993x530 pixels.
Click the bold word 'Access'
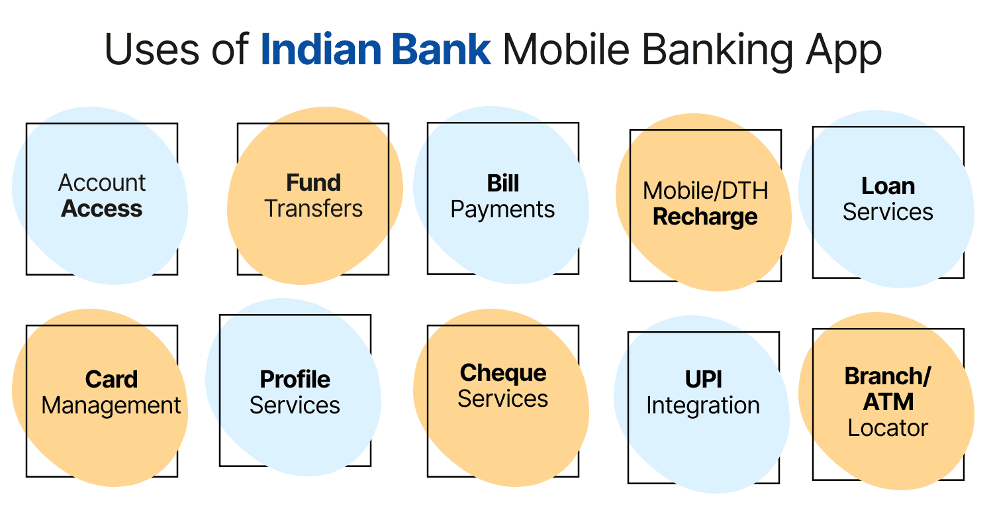point(102,209)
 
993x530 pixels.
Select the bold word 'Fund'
point(313,183)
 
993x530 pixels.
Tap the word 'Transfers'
point(313,209)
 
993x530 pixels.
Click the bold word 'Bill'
point(502,183)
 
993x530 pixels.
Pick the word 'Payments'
point(502,210)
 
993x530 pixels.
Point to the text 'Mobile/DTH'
point(705,191)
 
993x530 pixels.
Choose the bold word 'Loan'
point(888,186)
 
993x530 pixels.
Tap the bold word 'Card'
point(111,380)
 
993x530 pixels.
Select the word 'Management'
point(111,406)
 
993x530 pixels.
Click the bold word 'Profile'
point(295,380)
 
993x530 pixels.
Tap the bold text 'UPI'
point(704,380)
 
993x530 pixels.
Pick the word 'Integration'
point(703,406)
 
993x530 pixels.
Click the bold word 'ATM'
point(888,402)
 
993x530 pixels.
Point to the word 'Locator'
point(888,428)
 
